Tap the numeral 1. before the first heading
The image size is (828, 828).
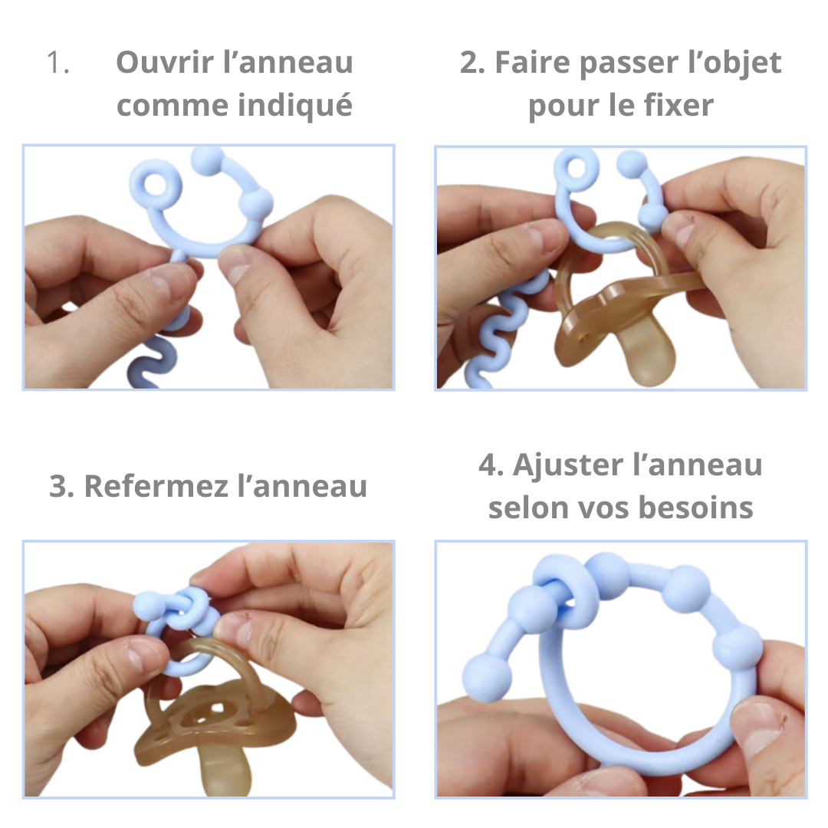point(58,62)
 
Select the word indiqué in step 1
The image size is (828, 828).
point(294,106)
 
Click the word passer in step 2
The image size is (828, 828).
point(628,64)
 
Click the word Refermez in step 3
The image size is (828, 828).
point(156,486)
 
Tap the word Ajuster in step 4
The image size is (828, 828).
point(568,466)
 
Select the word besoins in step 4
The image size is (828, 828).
point(695,508)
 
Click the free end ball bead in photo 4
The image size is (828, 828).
point(487,678)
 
